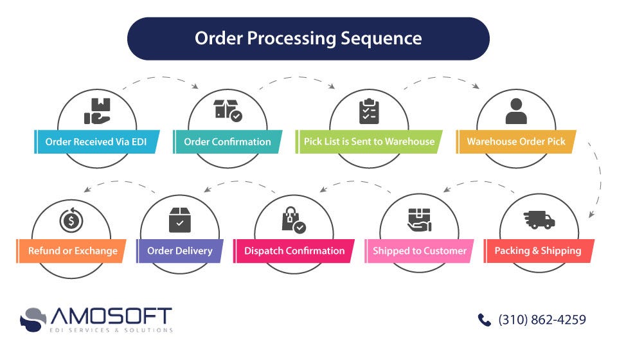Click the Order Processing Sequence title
pos(308,39)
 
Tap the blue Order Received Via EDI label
pos(96,141)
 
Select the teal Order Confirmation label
pos(228,141)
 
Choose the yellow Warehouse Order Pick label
pos(516,141)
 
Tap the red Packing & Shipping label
pos(538,251)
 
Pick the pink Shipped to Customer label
pos(420,251)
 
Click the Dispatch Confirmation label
pos(294,251)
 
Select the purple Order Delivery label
pos(180,251)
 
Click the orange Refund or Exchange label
pos(72,251)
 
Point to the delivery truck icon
pos(539,220)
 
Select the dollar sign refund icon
pos(71,221)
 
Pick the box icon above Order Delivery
pos(180,220)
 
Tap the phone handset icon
pos(484,319)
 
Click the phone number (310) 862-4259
pos(542,319)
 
